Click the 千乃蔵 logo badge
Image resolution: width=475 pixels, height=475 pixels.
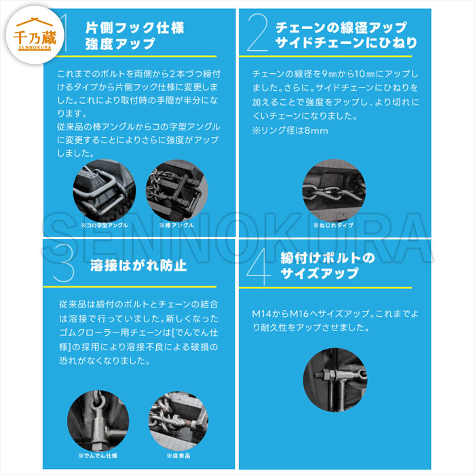pos(35,35)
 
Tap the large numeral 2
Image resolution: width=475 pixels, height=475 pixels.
pos(257,33)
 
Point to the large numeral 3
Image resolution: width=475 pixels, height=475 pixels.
pos(64,263)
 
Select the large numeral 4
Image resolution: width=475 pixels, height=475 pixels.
pos(259,267)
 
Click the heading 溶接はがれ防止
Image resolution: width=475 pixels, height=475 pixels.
pos(138,265)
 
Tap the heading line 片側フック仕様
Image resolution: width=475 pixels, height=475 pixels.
pos(135,28)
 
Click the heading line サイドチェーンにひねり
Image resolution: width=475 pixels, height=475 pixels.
pos(346,42)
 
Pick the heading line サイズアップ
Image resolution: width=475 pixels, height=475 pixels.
pos(320,273)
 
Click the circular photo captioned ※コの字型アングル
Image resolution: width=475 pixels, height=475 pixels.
pos(104,191)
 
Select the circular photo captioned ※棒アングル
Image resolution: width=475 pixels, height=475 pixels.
pos(177,191)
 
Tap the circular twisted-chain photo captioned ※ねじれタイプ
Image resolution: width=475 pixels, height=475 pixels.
pos(334,191)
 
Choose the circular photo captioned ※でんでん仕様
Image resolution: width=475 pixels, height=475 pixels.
pos(98,421)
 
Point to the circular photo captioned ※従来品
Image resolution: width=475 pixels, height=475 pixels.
pos(178,421)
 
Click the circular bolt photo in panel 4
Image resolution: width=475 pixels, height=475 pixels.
pos(335,379)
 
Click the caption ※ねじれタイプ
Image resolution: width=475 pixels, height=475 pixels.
pos(333,225)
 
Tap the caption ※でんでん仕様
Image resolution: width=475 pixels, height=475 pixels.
pos(98,455)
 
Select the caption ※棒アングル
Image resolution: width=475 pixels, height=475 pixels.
pos(176,225)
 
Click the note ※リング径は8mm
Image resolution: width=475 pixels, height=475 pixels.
pos(290,130)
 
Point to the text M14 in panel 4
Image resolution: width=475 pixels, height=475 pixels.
pos(262,313)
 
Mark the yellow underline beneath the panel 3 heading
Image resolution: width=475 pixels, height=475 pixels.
pos(130,286)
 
